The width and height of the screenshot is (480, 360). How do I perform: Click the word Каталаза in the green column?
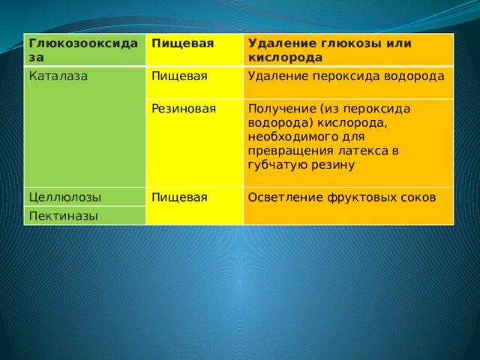pos(58,76)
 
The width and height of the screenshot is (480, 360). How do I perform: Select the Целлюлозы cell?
pos(85,197)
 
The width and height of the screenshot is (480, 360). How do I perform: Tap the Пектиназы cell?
pos(85,216)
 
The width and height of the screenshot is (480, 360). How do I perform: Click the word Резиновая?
pos(184,109)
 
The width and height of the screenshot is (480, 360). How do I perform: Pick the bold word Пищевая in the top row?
pos(183,43)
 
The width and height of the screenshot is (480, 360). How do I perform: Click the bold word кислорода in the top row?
pos(285,58)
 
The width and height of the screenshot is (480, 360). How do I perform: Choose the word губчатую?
pos(277,165)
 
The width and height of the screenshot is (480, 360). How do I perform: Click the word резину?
pos(333,166)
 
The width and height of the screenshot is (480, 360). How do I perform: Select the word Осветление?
pos(285,197)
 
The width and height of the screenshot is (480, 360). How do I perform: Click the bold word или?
pos(398,43)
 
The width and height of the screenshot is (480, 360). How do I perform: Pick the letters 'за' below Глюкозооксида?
pos(37,58)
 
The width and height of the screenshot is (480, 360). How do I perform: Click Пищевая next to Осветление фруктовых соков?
pos(179,197)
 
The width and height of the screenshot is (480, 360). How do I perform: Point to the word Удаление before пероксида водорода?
pos(278,76)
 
